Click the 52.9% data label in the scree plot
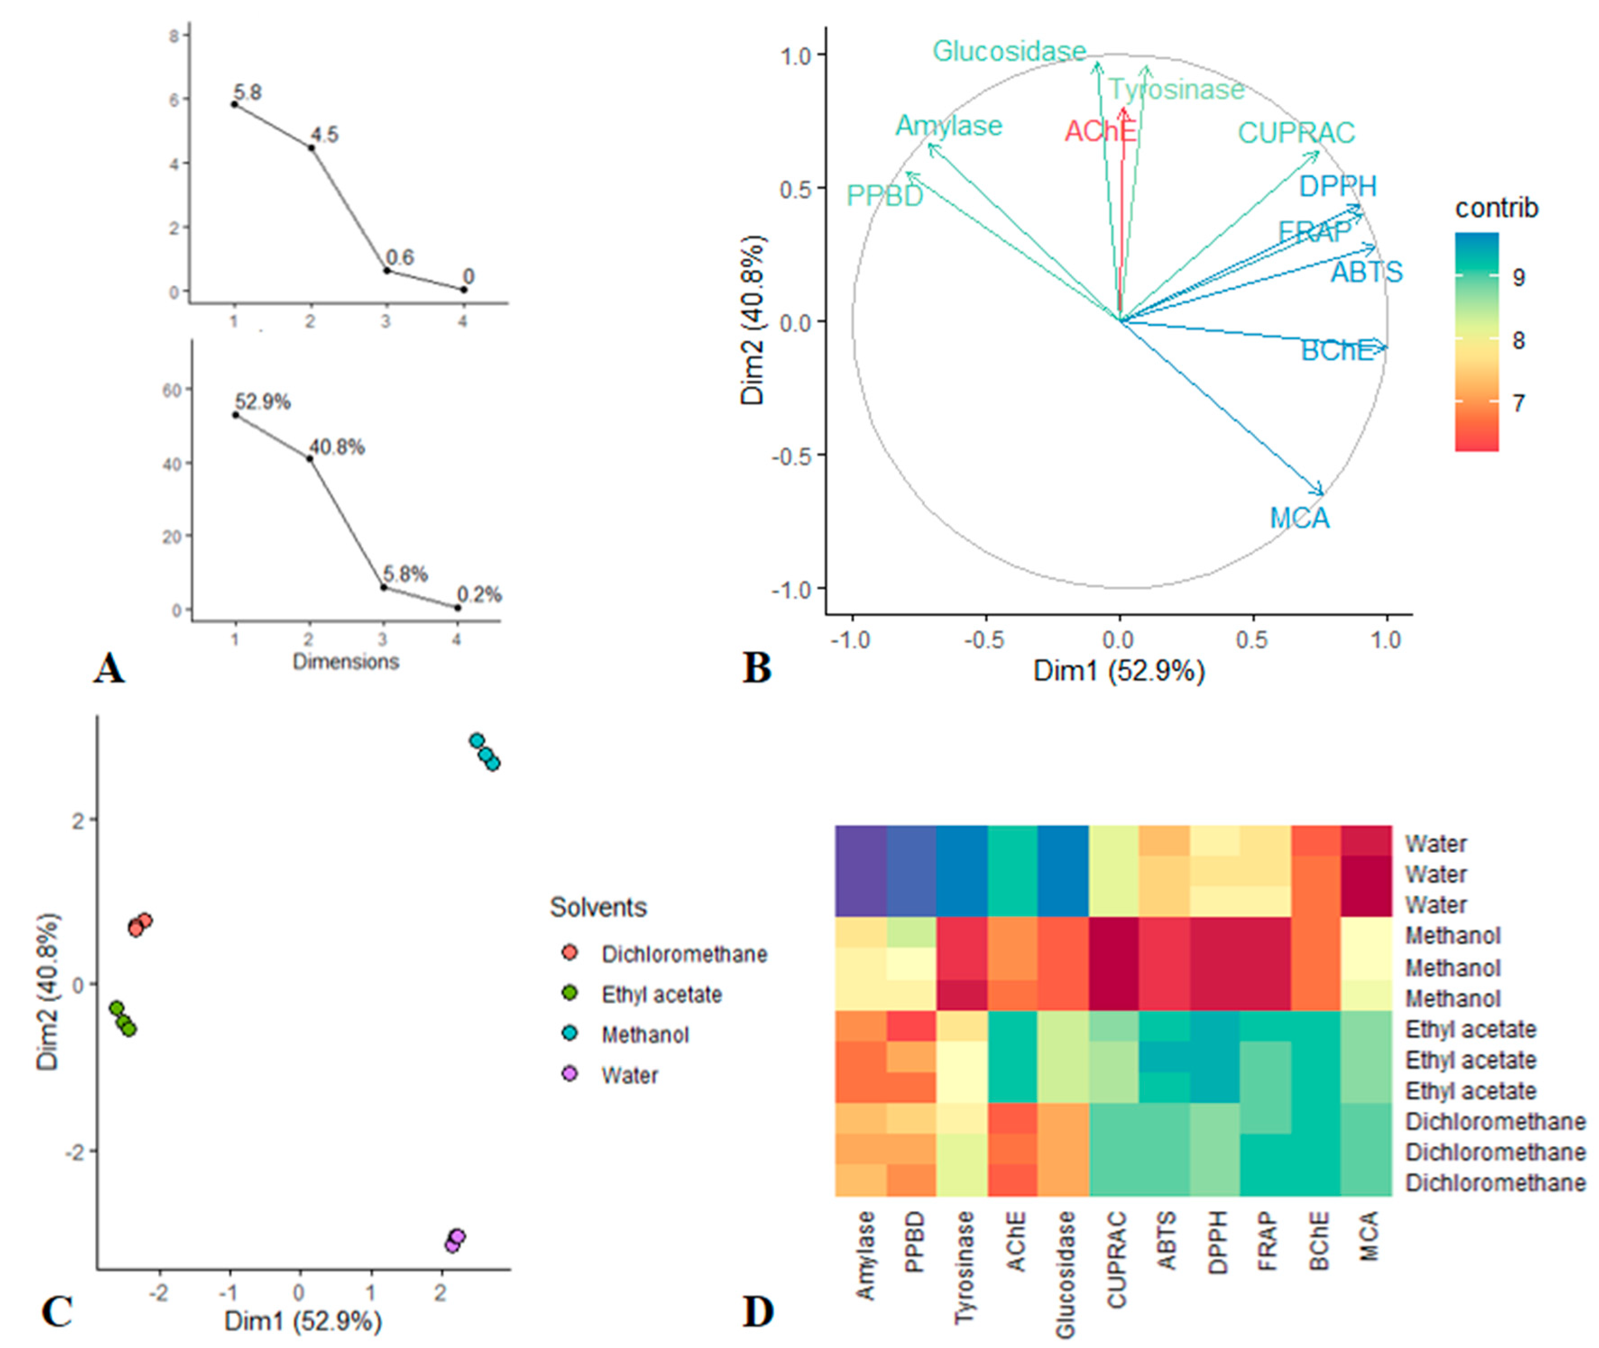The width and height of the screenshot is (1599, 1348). (262, 402)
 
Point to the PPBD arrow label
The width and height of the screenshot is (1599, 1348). (884, 197)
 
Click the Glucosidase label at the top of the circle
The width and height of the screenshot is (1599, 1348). (1009, 51)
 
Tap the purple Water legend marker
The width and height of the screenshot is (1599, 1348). (570, 1073)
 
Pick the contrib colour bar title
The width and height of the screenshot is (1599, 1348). (1496, 208)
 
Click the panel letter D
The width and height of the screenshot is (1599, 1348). (758, 1312)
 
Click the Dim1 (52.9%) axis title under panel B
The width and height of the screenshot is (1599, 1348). (1119, 671)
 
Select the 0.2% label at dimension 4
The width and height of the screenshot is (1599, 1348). (479, 595)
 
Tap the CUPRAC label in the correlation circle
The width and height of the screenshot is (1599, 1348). (1296, 133)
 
